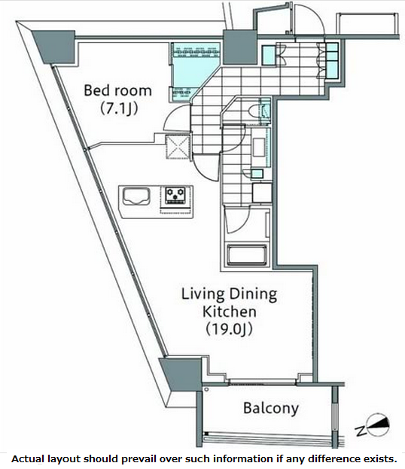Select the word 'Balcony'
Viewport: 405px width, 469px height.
tap(270, 409)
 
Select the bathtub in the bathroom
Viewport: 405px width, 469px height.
tap(247, 253)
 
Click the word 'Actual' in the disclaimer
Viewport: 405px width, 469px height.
tap(29, 458)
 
